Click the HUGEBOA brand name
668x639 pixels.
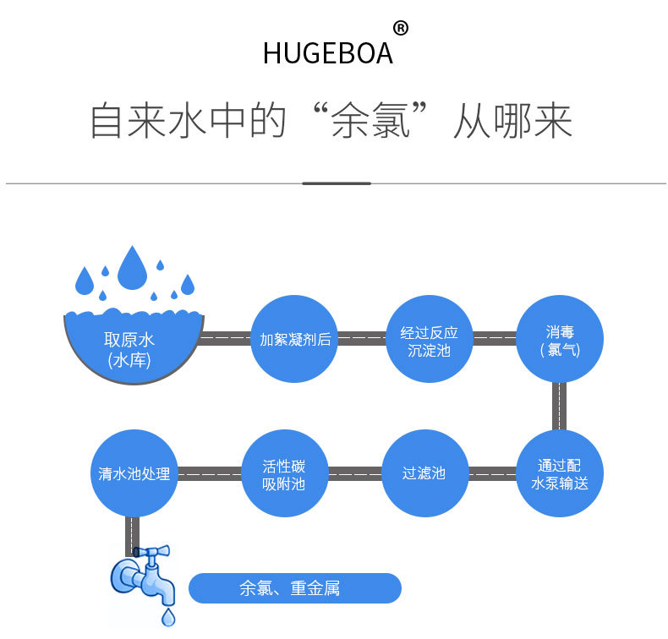pos(327,52)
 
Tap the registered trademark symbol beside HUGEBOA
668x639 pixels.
pos(401,29)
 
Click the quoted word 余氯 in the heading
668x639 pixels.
pos(371,122)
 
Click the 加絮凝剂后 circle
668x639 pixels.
pos(294,340)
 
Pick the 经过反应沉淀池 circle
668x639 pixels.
pos(429,340)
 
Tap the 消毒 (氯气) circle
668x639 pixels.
pos(559,340)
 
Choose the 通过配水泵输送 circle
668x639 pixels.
pos(559,473)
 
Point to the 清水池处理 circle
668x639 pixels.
pos(134,473)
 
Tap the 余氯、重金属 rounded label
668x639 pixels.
pos(293,588)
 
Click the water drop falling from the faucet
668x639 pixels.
pos(169,617)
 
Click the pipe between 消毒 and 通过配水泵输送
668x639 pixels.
pos(559,407)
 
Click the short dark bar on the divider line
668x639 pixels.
pos(336,183)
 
